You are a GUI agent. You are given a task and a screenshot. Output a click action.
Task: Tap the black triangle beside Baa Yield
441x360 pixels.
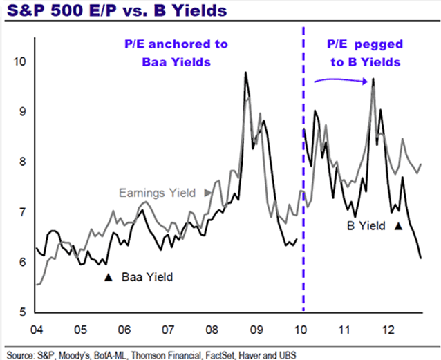108,277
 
